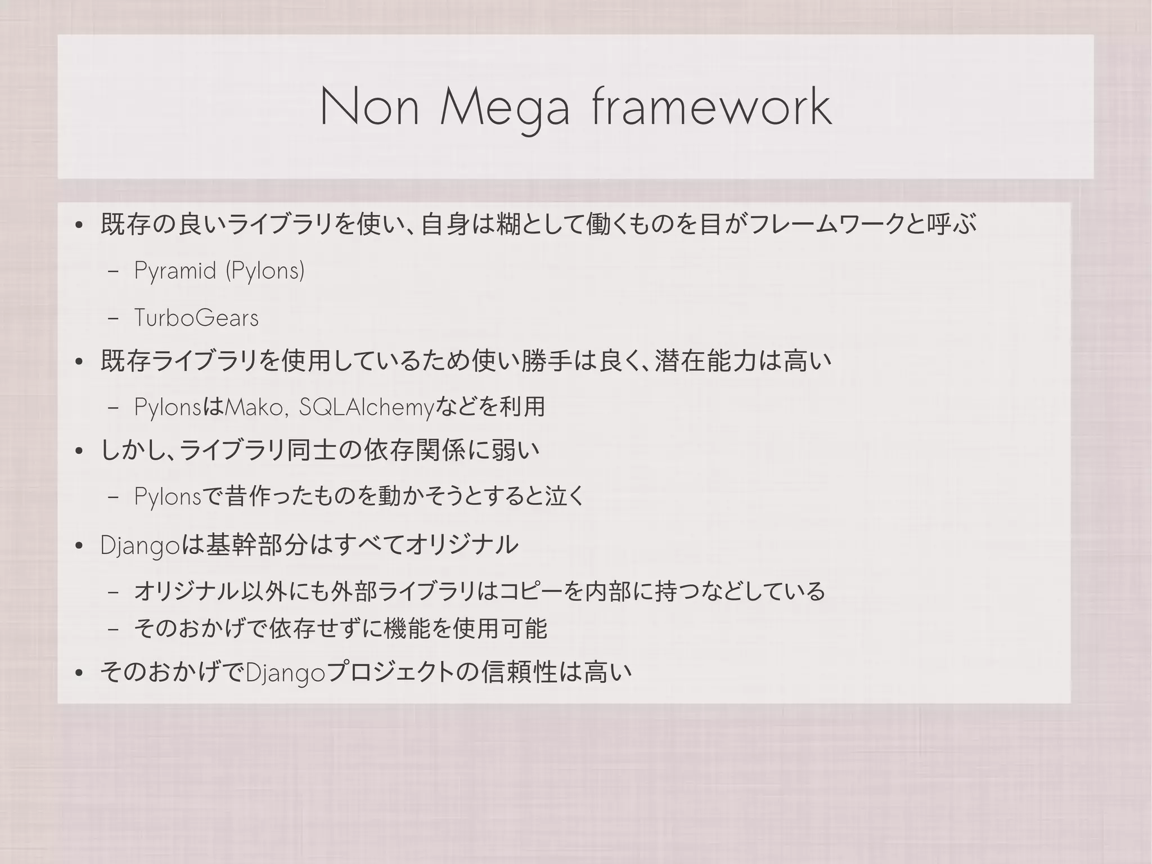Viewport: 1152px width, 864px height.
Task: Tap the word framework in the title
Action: pyautogui.click(x=712, y=107)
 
